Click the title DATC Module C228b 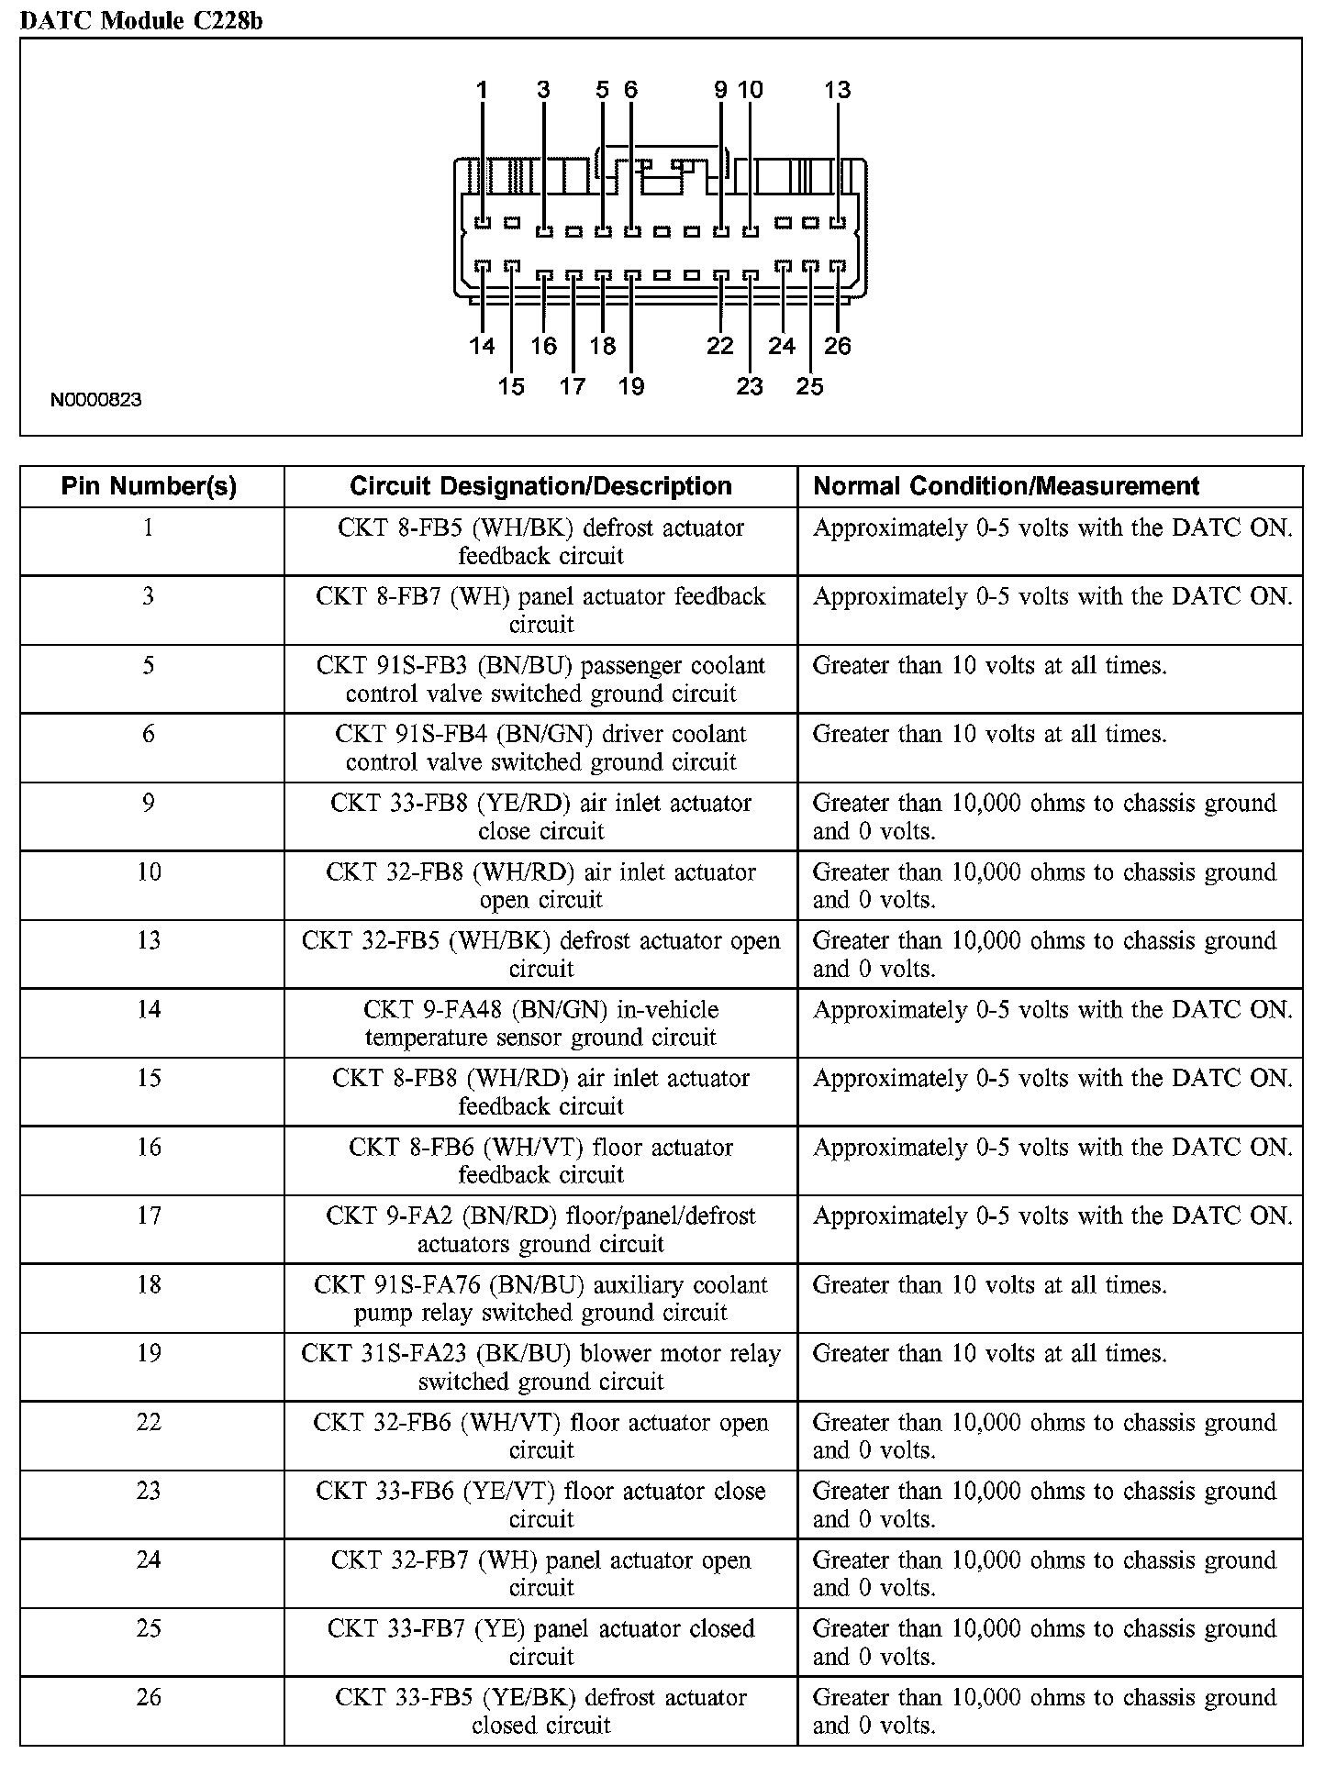pyautogui.click(x=140, y=20)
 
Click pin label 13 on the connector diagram pyautogui.click(x=837, y=90)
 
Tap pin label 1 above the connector pyautogui.click(x=482, y=90)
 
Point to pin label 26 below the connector pyautogui.click(x=837, y=346)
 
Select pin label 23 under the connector pyautogui.click(x=749, y=386)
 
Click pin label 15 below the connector pyautogui.click(x=511, y=386)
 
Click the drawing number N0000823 pyautogui.click(x=95, y=400)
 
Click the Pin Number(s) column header pyautogui.click(x=149, y=486)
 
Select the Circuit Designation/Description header pyautogui.click(x=540, y=486)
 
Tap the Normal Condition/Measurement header pyautogui.click(x=1006, y=486)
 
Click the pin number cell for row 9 pyautogui.click(x=149, y=804)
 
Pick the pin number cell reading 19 pyautogui.click(x=149, y=1354)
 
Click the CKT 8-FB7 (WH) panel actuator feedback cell pyautogui.click(x=540, y=610)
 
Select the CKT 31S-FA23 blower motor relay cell pyautogui.click(x=540, y=1367)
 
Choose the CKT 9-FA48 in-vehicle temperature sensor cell pyautogui.click(x=540, y=1023)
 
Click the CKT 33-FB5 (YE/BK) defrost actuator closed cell pyautogui.click(x=540, y=1711)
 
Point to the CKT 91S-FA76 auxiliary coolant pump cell pyautogui.click(x=540, y=1298)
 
